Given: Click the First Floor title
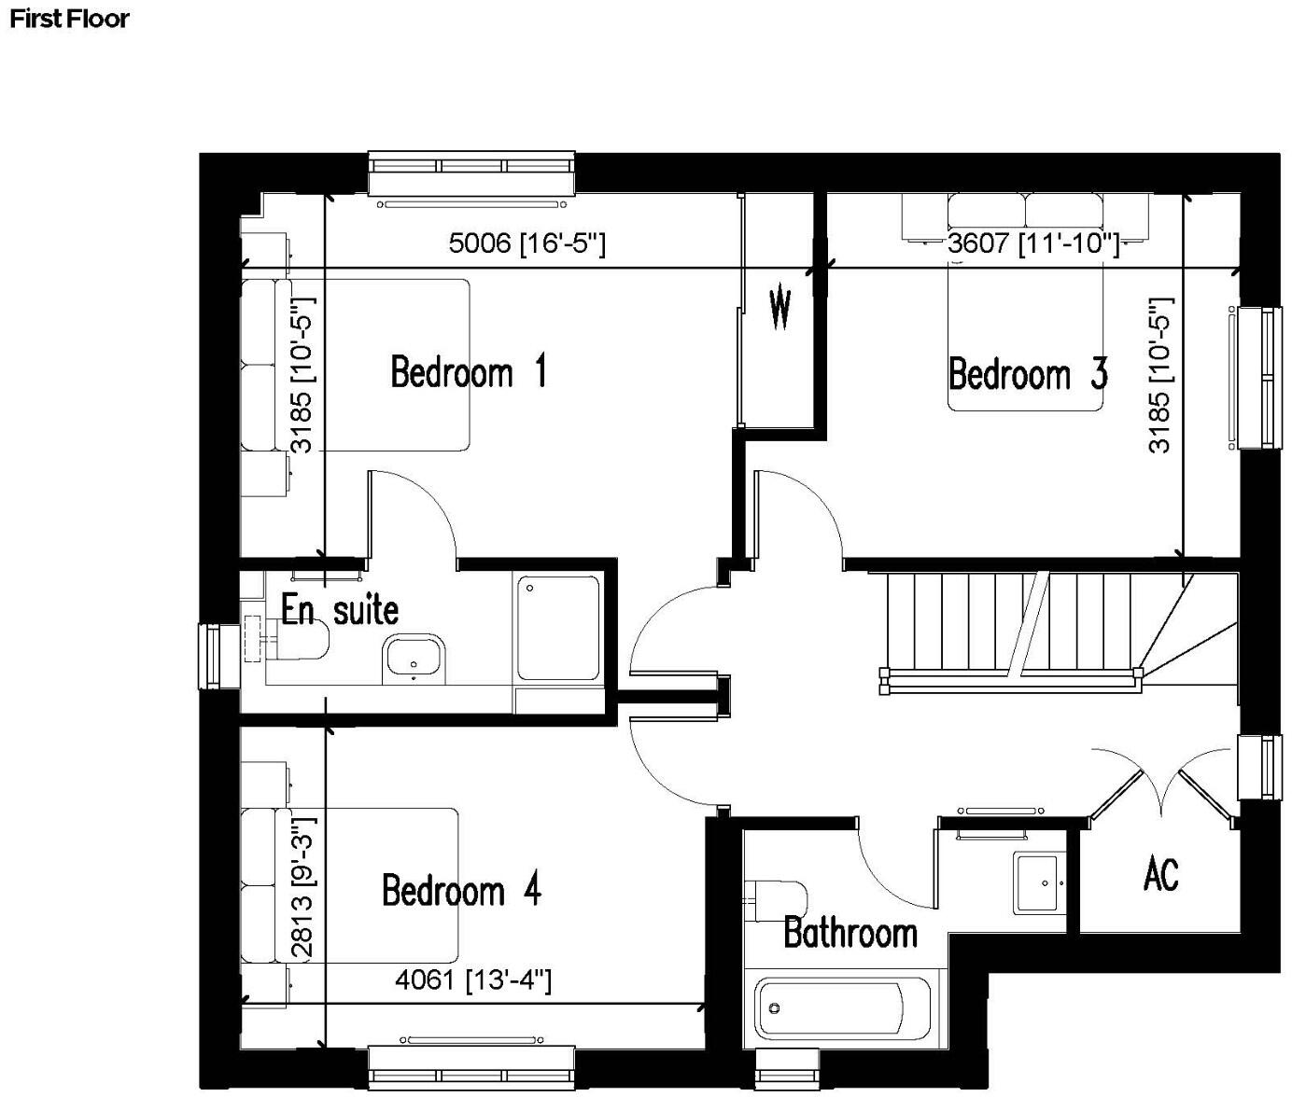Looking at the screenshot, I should pos(69,19).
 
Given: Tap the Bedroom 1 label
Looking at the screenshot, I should pos(468,371).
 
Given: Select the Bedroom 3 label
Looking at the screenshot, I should pos(1028,374).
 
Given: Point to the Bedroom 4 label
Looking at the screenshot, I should pos(461,890).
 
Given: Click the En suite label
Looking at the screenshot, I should pos(340,610).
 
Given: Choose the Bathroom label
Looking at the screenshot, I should pos(850,932).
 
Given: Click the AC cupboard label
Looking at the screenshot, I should pos(1160,874).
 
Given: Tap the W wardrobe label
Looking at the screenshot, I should pos(780,309).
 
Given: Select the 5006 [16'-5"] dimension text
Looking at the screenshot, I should pos(527,243).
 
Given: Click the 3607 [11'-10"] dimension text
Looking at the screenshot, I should pos(1032,243).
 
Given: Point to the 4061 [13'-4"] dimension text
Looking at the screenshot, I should pos(473,980).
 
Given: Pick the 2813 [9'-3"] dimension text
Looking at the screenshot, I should pos(302,887).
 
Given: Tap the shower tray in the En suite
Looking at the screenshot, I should pos(558,628).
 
